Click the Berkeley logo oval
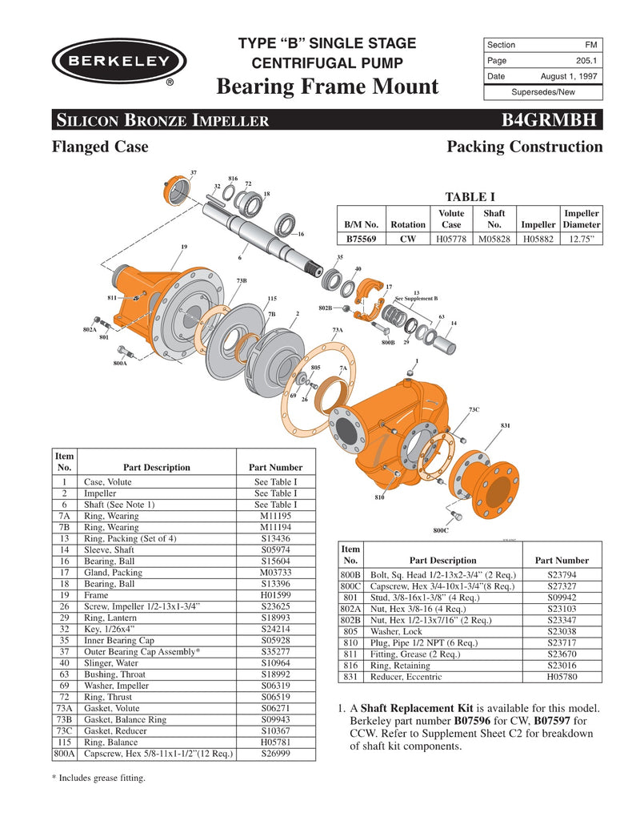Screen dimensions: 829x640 point(119,61)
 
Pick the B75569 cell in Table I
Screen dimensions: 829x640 point(362,238)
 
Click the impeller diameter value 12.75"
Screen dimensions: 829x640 point(582,238)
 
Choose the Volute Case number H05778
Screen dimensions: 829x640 point(451,238)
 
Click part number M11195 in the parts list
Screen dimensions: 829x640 point(275,516)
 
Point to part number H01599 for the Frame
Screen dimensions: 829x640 point(275,595)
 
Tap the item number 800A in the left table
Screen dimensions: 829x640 point(64,753)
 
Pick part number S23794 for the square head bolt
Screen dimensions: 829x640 point(561,574)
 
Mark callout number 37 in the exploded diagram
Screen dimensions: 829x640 point(194,171)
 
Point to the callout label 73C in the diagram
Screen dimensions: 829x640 point(474,409)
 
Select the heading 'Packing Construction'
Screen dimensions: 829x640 point(524,147)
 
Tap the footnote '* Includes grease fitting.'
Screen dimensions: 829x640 point(98,777)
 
